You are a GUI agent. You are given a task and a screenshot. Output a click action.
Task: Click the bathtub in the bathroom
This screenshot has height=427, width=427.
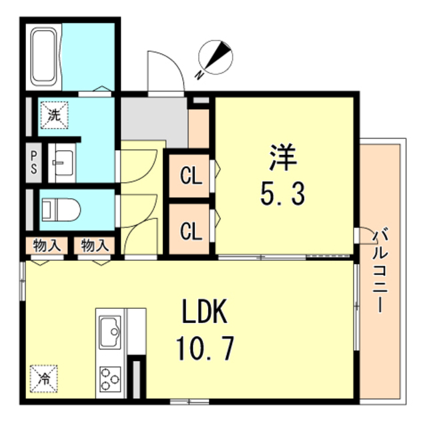43,57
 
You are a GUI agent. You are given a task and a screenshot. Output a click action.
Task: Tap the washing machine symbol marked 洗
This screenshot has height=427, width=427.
54,115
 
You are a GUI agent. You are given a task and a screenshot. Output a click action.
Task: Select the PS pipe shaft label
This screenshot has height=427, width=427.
34,163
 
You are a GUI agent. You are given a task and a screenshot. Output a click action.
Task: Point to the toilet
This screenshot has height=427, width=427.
61,210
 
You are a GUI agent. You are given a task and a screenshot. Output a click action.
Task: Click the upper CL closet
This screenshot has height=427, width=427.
191,176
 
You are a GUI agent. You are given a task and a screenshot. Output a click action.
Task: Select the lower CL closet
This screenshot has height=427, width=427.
191,231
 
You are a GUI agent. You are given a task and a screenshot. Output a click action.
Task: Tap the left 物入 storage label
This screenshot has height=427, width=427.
47,246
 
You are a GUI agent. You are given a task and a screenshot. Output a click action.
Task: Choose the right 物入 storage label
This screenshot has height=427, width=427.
95,246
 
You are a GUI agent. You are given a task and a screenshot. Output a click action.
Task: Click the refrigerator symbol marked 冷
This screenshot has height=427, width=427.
43,378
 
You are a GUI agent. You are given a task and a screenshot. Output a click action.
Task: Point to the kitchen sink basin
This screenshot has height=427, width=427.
110,332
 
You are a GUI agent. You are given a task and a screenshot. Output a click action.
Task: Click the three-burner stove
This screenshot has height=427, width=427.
110,380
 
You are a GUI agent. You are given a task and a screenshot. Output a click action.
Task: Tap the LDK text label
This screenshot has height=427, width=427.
205,312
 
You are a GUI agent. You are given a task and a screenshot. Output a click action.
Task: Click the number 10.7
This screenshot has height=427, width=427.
205,348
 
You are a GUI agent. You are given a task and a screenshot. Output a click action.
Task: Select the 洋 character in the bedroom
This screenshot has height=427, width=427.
283,157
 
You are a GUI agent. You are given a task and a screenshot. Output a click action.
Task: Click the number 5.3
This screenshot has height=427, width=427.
283,194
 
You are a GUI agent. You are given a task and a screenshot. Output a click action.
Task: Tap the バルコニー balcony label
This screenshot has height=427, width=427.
380,270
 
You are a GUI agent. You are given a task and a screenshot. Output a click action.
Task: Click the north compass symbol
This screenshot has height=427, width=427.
216,57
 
